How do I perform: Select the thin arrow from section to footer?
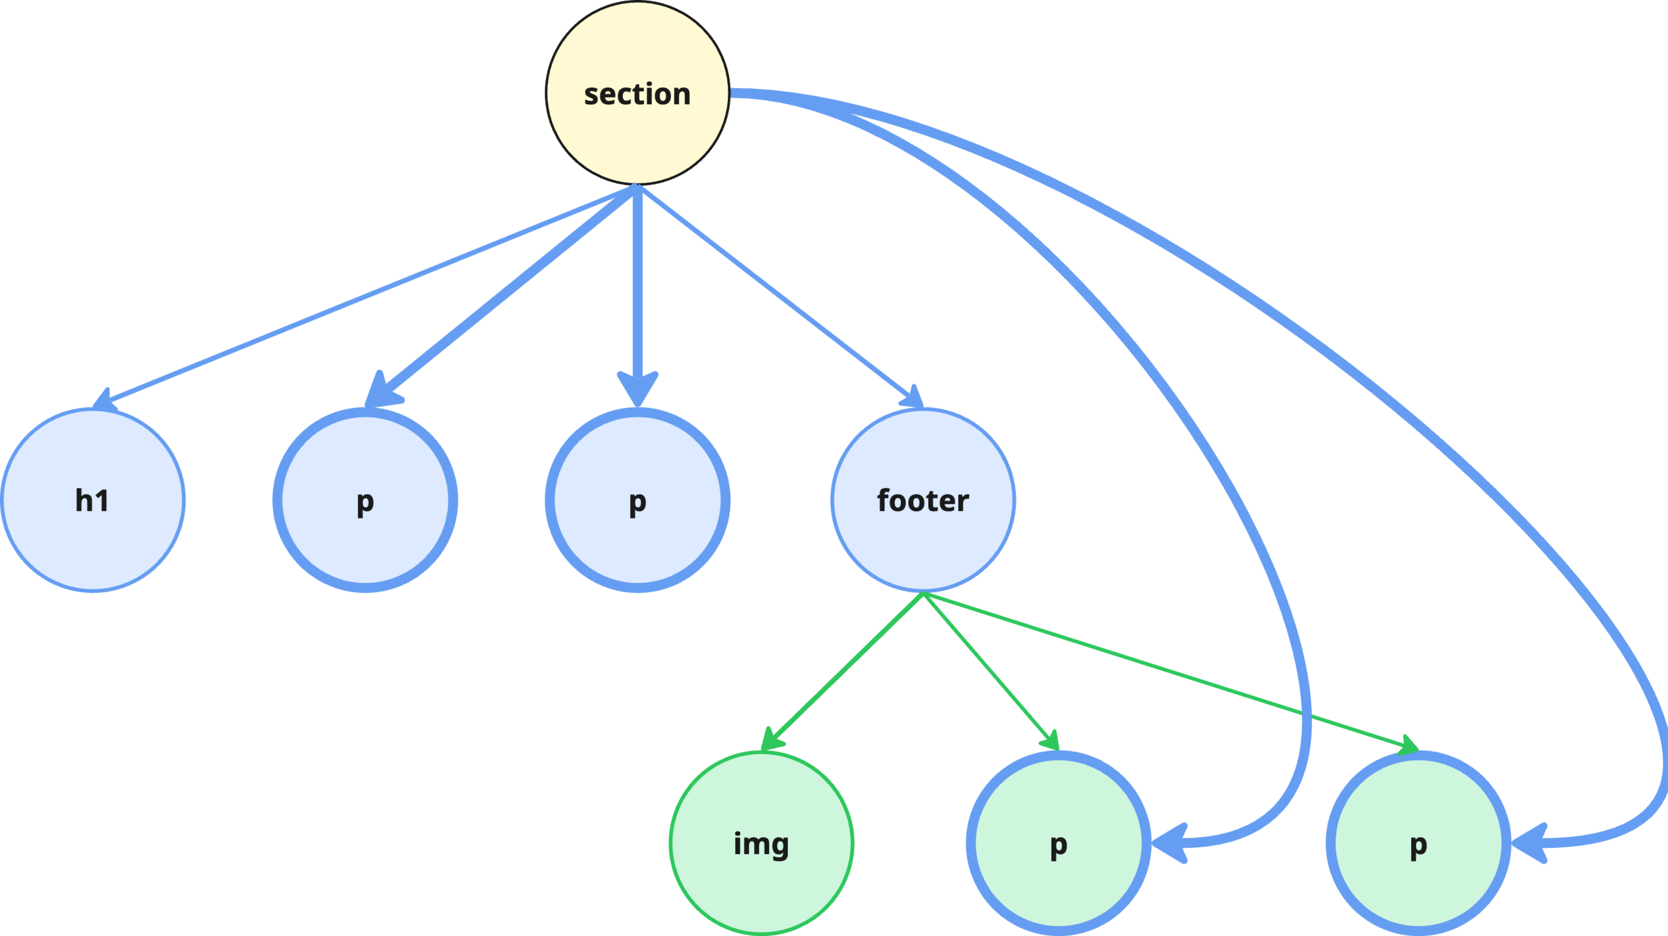(x=777, y=291)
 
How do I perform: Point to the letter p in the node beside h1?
(x=365, y=502)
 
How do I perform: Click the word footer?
(x=923, y=501)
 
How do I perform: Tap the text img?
(x=761, y=844)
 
